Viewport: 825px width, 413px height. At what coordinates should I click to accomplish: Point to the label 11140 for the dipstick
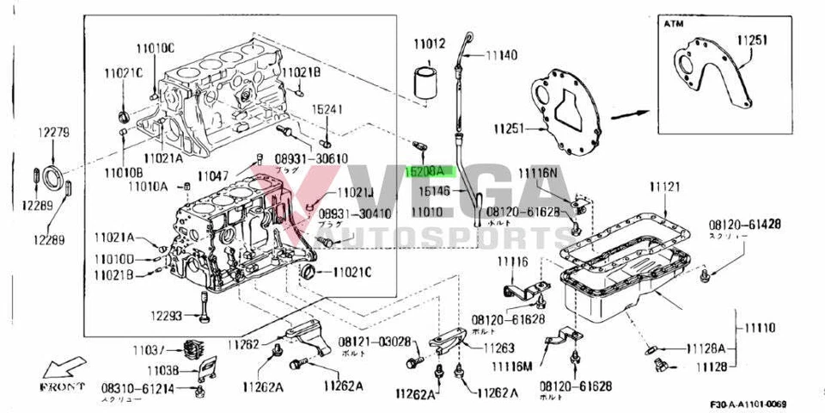pyautogui.click(x=501, y=55)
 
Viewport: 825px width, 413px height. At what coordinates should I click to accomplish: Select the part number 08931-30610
pyautogui.click(x=311, y=159)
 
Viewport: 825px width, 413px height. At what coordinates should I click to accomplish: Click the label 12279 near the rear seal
pyautogui.click(x=52, y=133)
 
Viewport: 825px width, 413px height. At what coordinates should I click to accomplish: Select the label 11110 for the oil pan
pyautogui.click(x=760, y=328)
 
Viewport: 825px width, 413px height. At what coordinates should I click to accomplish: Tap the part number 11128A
pyautogui.click(x=706, y=348)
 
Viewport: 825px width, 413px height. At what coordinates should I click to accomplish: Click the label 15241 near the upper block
pyautogui.click(x=327, y=109)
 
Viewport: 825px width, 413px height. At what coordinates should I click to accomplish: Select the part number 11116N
pyautogui.click(x=538, y=173)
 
